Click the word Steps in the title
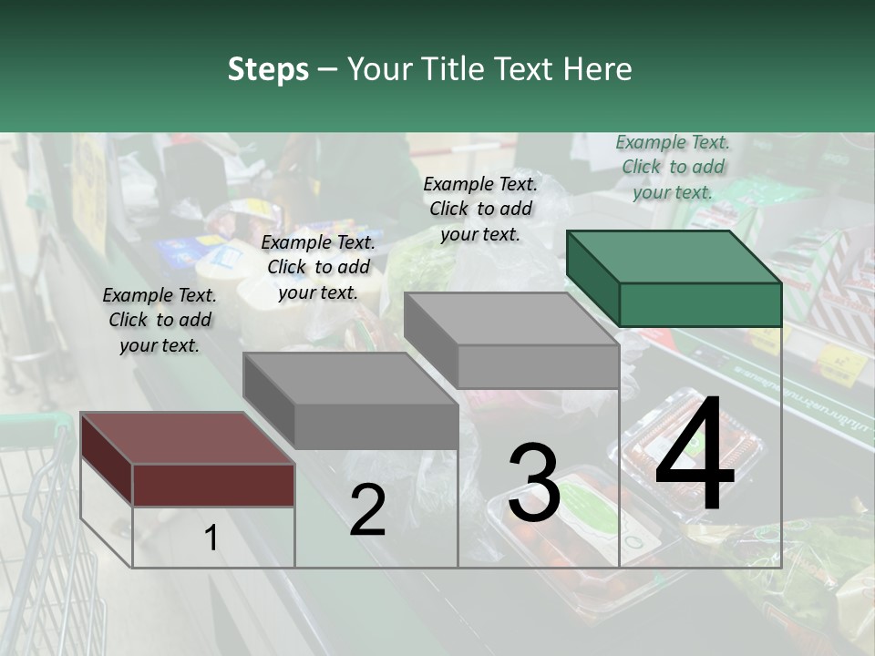click(268, 70)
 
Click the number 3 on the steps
click(534, 481)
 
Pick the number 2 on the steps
click(367, 509)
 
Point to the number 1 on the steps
click(211, 538)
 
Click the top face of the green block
click(674, 257)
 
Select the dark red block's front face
click(213, 486)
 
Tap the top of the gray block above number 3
click(511, 319)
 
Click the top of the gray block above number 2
click(351, 379)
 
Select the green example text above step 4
click(673, 168)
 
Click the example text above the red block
click(160, 320)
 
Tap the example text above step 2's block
click(318, 267)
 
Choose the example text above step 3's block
click(480, 209)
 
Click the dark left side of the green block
click(593, 278)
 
